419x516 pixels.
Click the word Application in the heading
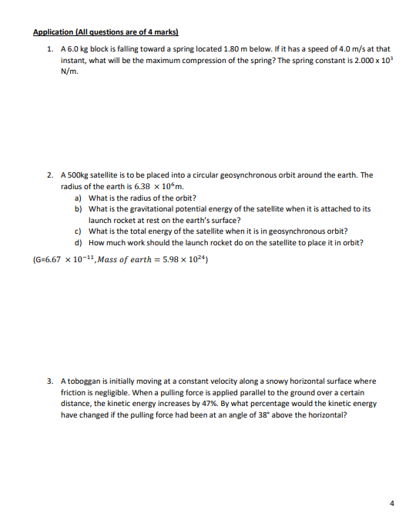53,32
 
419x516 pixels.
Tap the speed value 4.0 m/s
339,48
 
